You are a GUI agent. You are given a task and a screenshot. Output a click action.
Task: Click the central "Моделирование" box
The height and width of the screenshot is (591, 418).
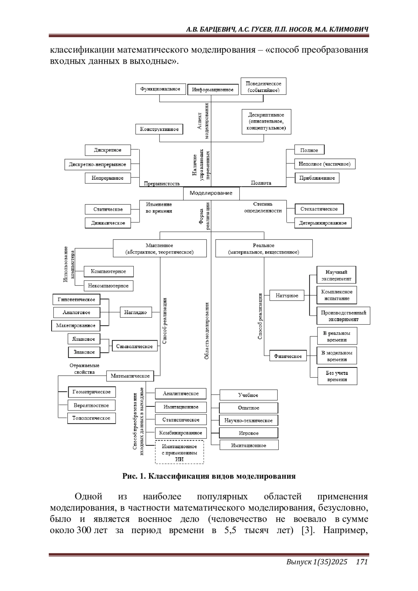coord(211,193)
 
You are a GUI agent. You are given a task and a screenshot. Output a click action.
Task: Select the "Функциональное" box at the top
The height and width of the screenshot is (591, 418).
coord(160,89)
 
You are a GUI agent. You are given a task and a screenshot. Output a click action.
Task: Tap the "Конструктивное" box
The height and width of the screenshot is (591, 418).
coord(159,129)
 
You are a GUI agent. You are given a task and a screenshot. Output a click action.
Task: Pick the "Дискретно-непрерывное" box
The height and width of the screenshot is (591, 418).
coord(98,164)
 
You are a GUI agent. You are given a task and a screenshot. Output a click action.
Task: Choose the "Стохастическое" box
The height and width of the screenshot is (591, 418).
coord(319,209)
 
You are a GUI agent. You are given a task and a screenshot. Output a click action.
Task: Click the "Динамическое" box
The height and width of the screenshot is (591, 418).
coord(108,223)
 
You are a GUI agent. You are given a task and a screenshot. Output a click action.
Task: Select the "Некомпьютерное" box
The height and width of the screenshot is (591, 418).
coord(108,286)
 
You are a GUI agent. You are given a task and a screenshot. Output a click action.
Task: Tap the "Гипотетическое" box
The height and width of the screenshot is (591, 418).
coord(76,300)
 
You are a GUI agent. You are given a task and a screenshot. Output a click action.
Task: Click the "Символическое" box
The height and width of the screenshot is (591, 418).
coord(134,347)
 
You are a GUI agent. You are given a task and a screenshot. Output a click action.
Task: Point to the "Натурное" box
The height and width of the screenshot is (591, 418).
coord(287,296)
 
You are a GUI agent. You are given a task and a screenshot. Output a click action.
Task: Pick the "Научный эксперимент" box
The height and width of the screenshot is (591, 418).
coord(336,275)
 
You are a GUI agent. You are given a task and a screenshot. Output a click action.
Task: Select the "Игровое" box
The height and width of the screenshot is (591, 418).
coord(249,433)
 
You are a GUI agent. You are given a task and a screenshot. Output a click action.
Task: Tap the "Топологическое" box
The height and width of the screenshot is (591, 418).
coord(91,418)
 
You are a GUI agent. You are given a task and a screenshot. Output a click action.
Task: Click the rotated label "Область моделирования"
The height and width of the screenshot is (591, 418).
coord(207,331)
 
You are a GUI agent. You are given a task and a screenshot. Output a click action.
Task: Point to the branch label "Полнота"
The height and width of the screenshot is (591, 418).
coord(261,183)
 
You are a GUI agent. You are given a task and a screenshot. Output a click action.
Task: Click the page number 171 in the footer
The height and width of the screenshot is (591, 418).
coord(362,561)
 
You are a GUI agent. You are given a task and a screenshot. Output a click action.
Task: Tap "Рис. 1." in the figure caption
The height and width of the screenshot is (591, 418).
coord(134,476)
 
